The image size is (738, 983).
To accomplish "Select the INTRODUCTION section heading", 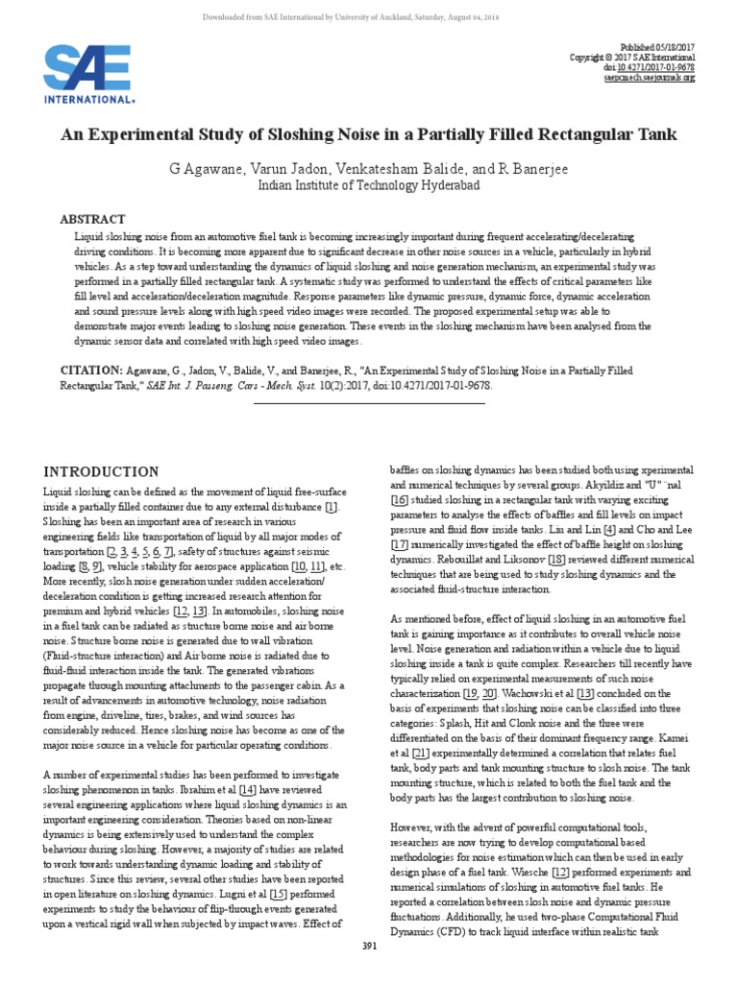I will point(101,471).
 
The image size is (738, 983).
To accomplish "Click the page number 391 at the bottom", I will point(369,971).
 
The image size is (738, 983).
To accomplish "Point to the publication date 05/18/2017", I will point(676,45).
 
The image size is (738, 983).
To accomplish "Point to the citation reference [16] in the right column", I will point(399,501).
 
